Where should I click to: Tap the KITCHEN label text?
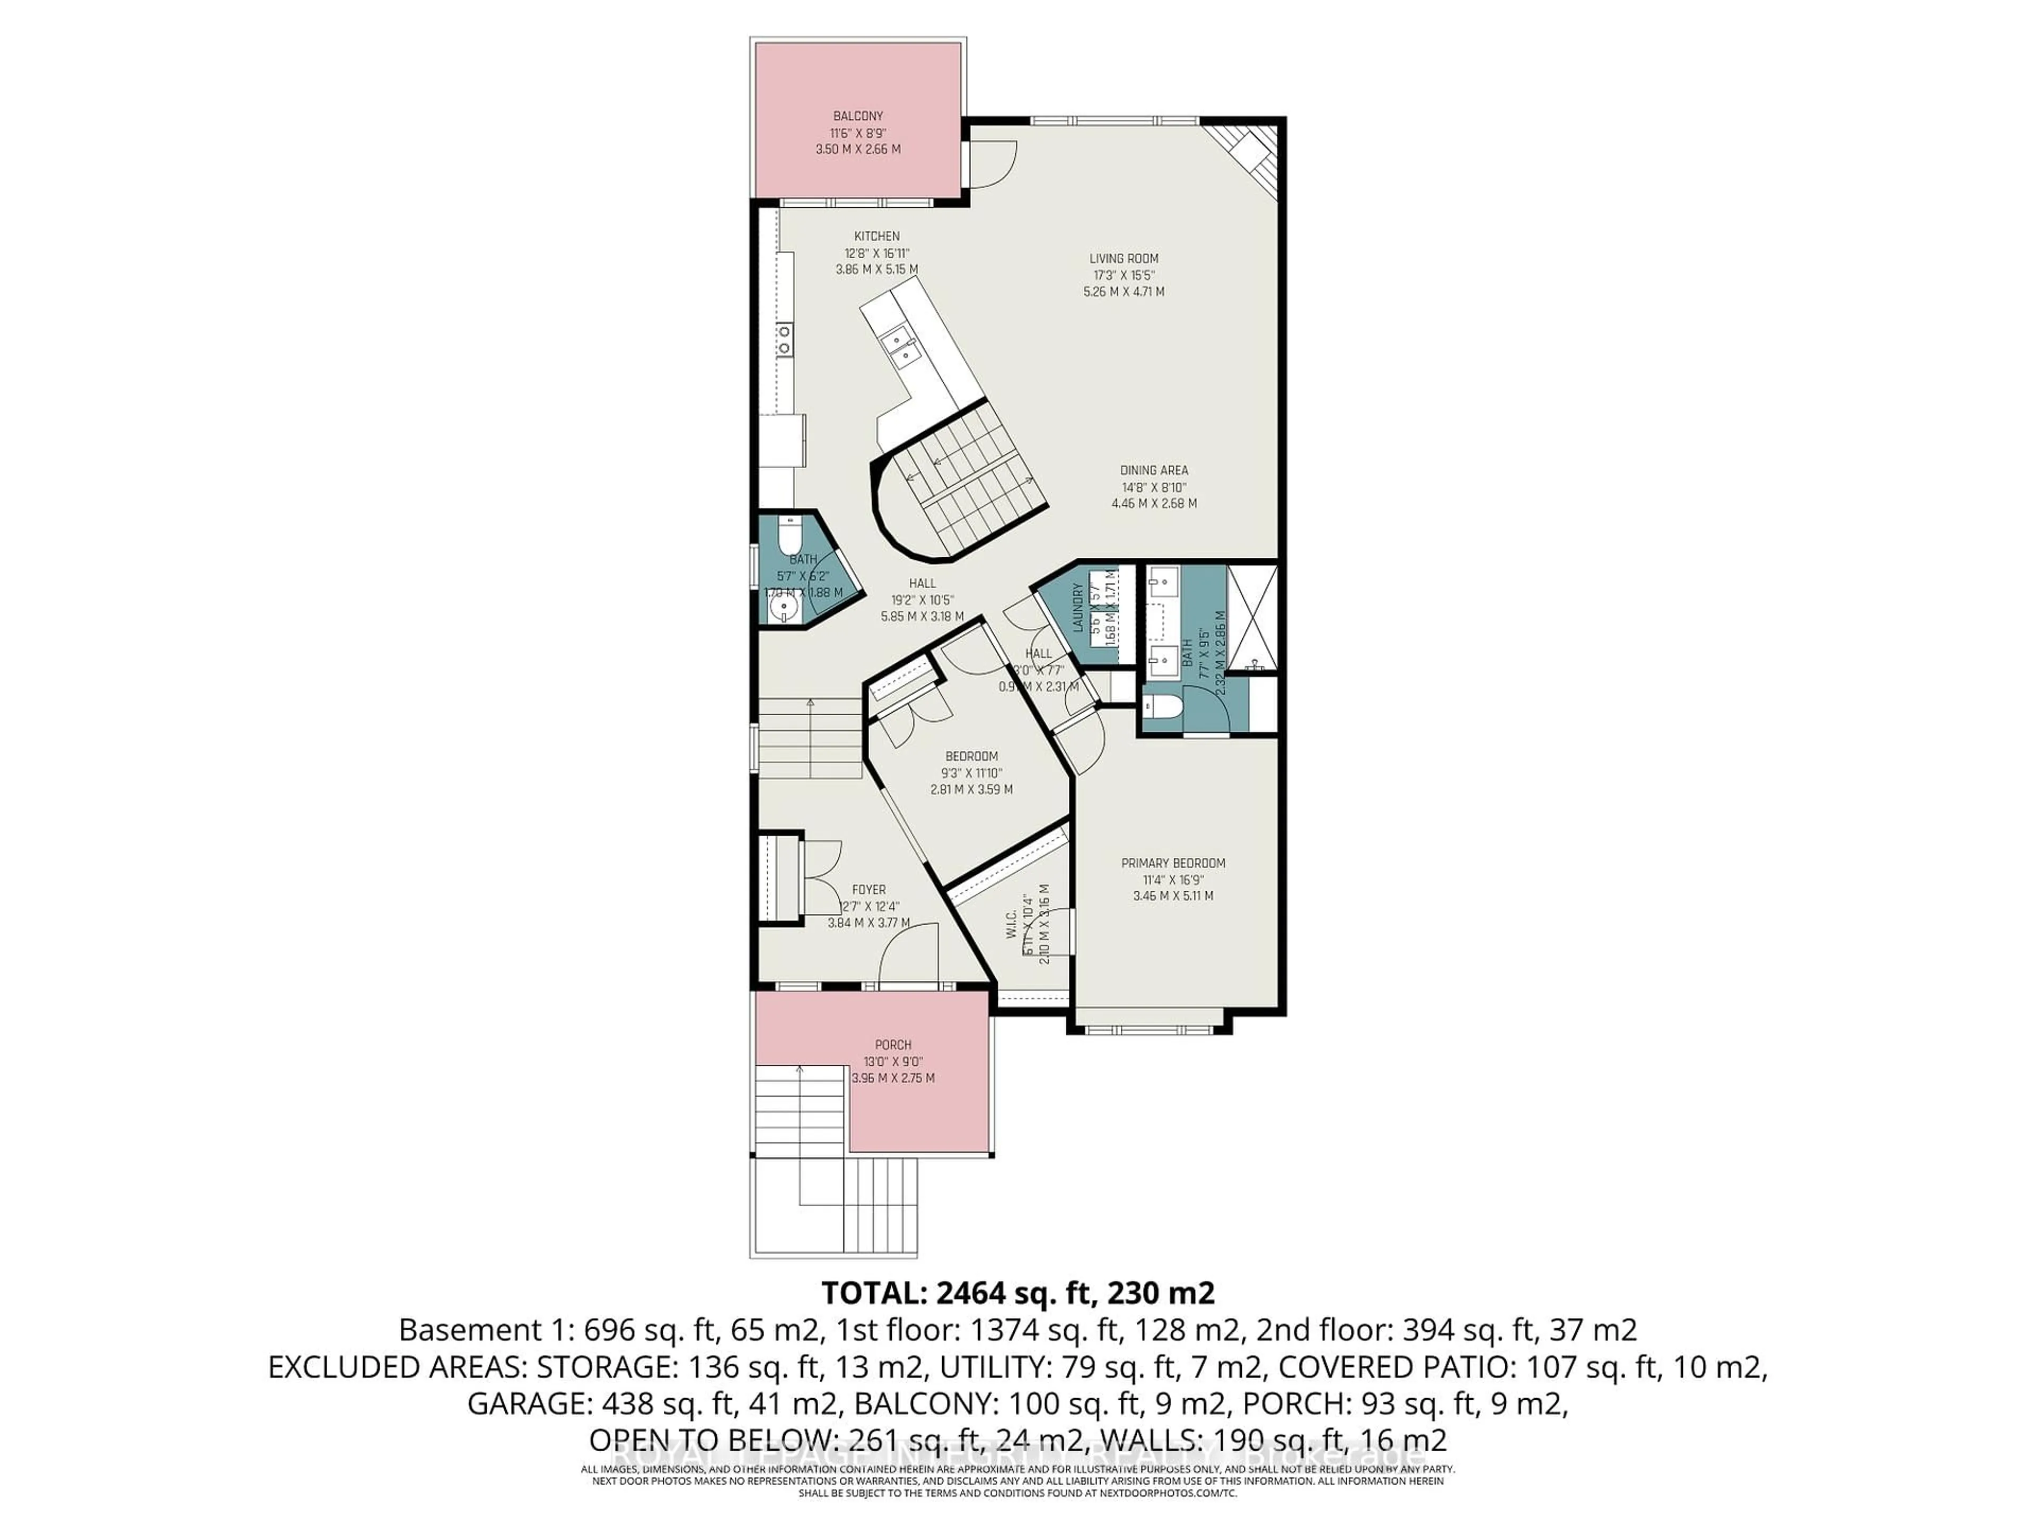[x=876, y=236]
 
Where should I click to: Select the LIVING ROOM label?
[x=1124, y=259]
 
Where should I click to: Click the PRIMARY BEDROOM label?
[x=1173, y=863]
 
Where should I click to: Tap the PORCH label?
[x=893, y=1045]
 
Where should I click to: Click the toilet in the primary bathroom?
[x=1162, y=707]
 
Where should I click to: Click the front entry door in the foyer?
[x=908, y=957]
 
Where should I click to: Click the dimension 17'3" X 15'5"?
[x=1124, y=275]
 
